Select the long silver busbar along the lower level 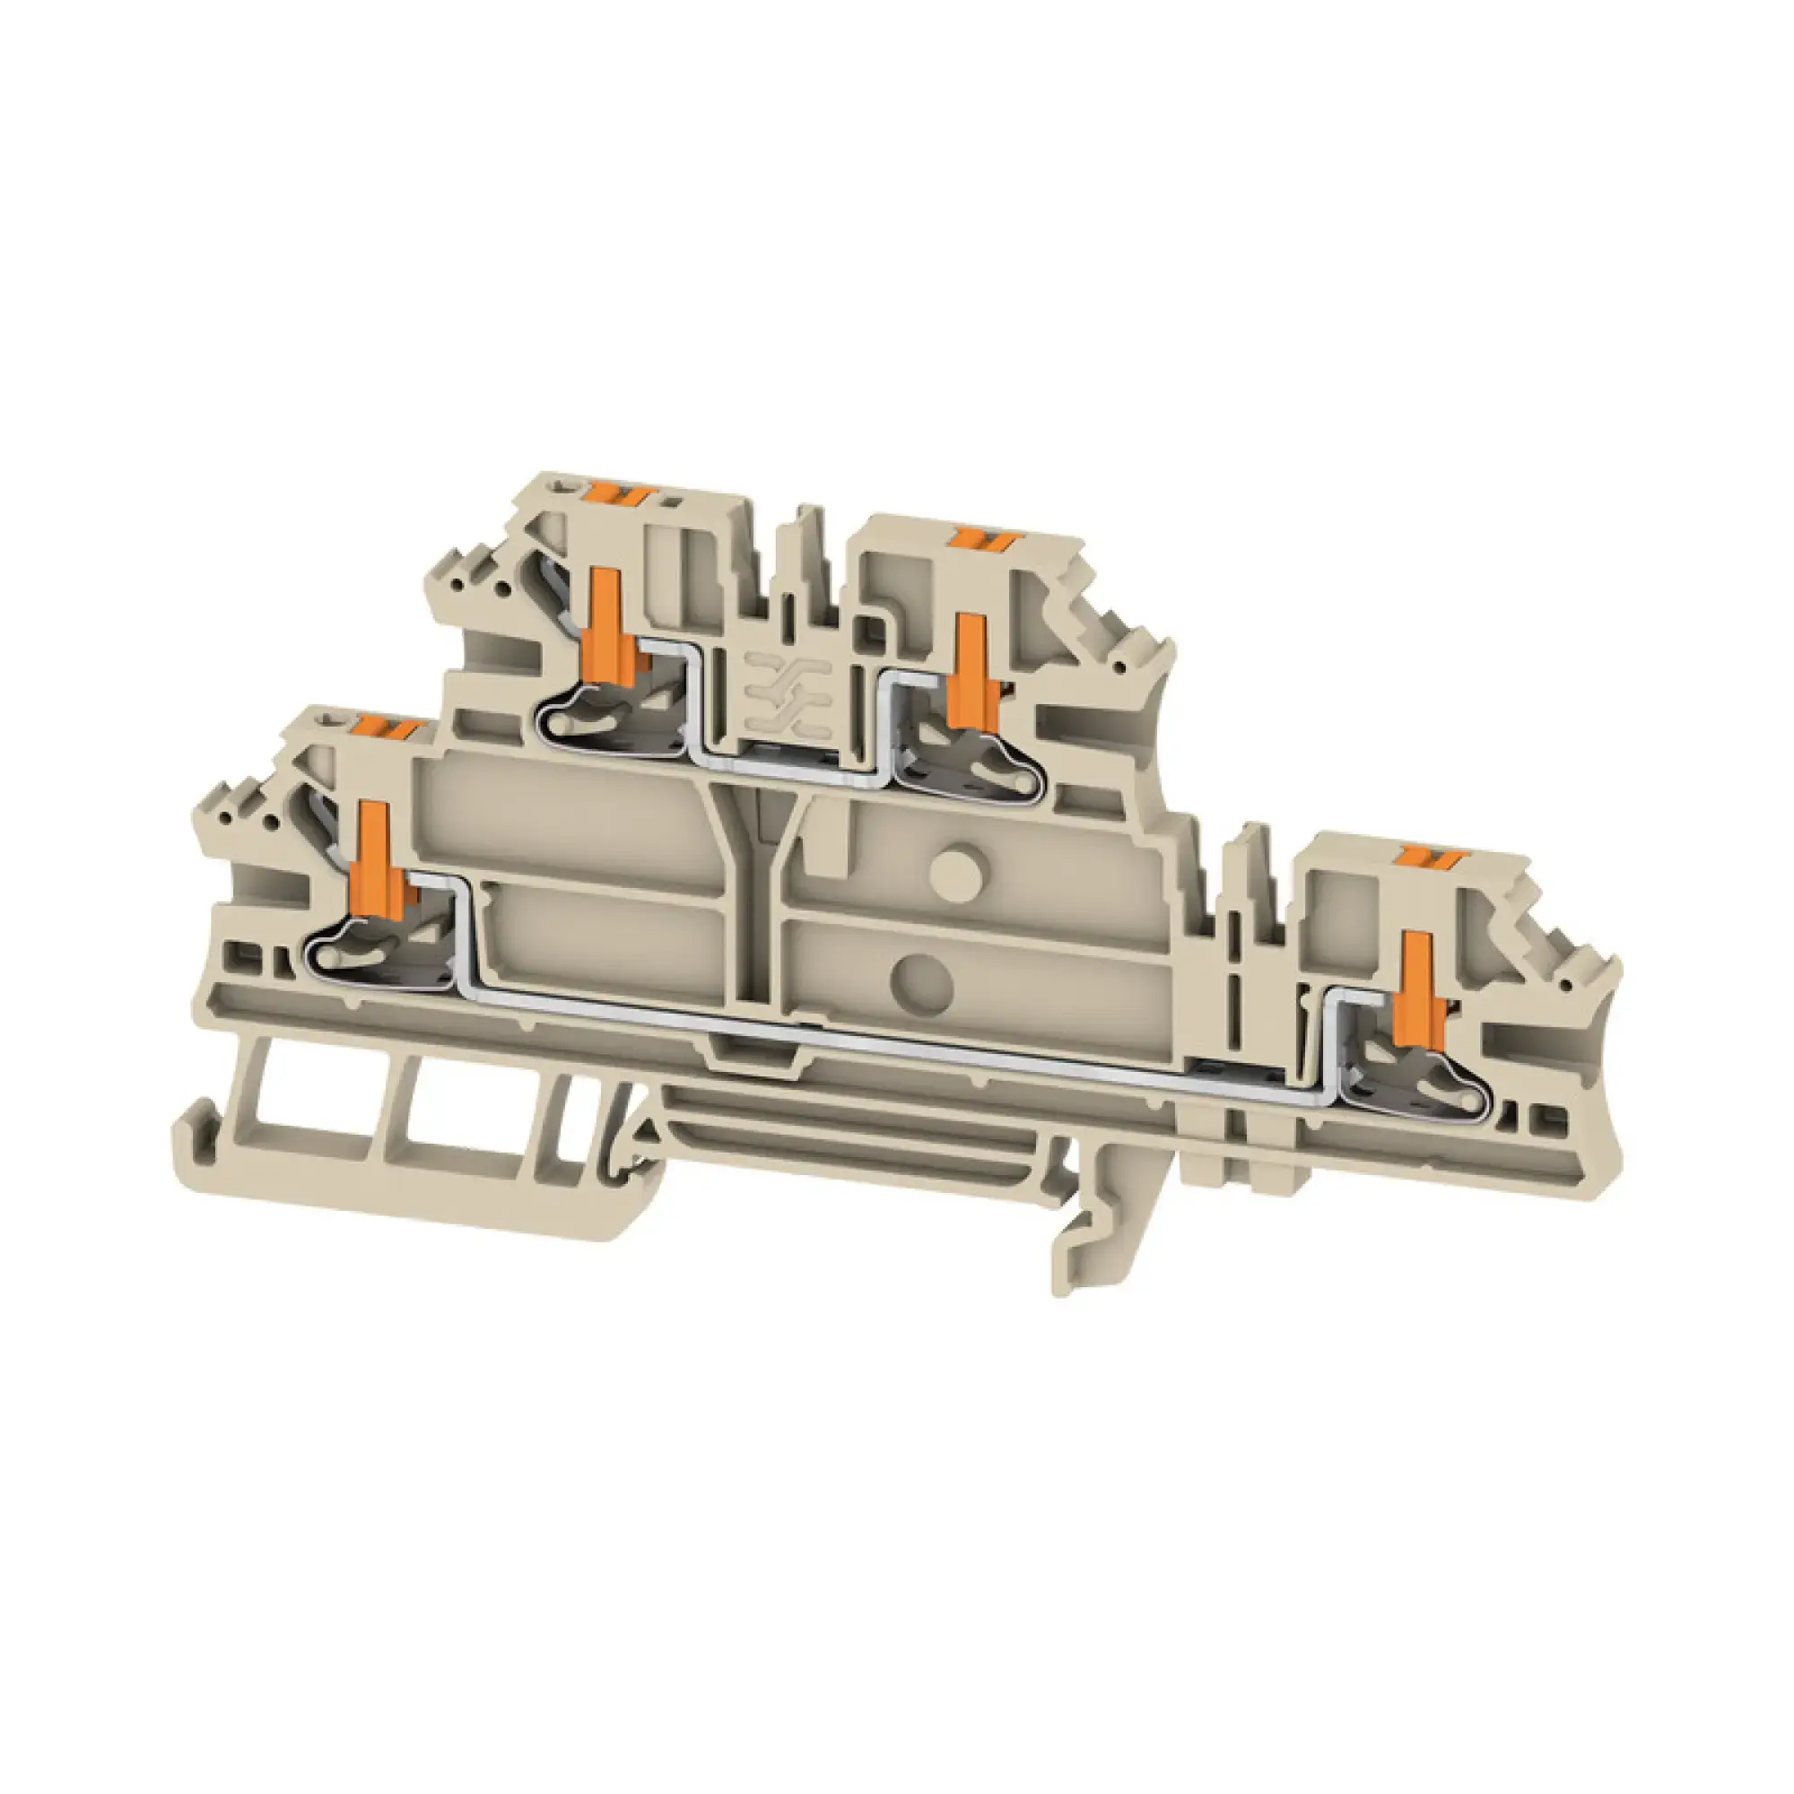[x=836, y=1032]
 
